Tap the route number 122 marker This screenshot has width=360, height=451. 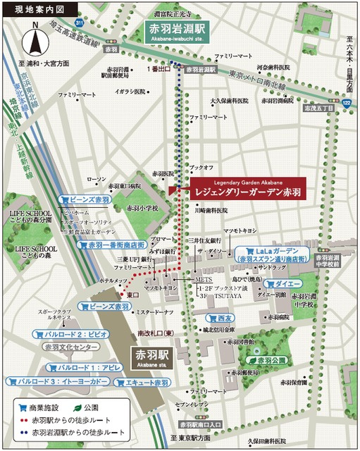click(345, 104)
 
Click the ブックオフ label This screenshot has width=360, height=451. click(201, 168)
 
